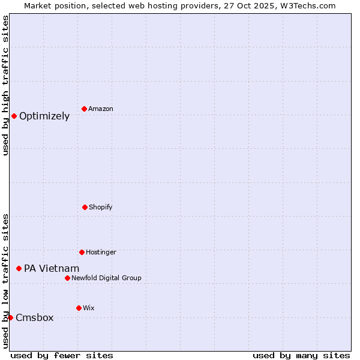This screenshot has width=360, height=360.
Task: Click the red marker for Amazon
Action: (x=84, y=109)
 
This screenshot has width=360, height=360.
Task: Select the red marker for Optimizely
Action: (x=14, y=116)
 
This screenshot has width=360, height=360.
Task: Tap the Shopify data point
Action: (x=85, y=207)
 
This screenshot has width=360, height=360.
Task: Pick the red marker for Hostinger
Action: (x=82, y=252)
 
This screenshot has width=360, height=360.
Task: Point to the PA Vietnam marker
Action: (x=19, y=268)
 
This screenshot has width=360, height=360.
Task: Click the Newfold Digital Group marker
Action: (x=67, y=278)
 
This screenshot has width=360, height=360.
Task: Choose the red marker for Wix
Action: (x=79, y=308)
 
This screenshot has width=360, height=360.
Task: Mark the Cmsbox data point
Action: (x=10, y=317)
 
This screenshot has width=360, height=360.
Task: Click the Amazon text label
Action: (x=101, y=109)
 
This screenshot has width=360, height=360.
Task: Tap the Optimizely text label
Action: (x=44, y=116)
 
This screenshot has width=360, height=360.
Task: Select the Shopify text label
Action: (x=101, y=207)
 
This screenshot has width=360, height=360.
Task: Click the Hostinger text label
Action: (x=101, y=252)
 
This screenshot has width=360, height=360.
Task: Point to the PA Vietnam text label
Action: (x=52, y=269)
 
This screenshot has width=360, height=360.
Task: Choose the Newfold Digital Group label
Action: (x=106, y=278)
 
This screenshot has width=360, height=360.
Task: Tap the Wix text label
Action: (x=89, y=308)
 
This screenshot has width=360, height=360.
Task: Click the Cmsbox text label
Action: (x=35, y=318)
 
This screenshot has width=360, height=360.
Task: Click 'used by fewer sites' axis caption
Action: (x=62, y=355)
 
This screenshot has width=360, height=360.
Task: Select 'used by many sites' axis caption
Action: (x=301, y=355)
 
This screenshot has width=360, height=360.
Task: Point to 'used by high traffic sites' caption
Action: (x=5, y=85)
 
